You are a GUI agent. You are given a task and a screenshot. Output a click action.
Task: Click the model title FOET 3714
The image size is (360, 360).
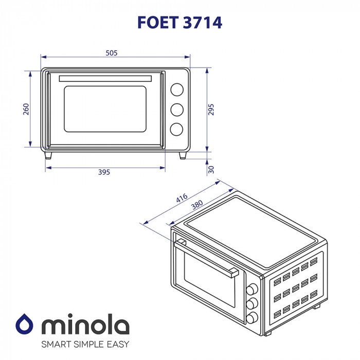coord(179,23)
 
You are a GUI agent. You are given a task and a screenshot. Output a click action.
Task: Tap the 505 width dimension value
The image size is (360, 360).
coord(112,52)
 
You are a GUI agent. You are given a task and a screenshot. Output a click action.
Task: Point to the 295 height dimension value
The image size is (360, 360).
coord(211,110)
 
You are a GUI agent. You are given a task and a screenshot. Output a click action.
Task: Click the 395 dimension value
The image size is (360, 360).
coord(104,172)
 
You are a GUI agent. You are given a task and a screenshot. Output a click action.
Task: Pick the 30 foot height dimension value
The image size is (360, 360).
coord(211,170)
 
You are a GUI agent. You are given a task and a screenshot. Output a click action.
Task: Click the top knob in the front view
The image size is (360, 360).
coord(176,89)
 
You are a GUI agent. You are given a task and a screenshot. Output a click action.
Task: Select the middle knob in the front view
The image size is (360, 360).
coord(176,110)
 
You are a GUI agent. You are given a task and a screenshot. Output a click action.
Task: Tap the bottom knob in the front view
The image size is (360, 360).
coord(176,129)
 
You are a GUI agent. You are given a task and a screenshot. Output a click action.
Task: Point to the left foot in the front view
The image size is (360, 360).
coord(48,155)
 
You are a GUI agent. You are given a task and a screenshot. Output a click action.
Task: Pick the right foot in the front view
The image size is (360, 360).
coord(183,155)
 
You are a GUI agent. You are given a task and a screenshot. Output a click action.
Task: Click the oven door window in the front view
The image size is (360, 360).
coord(105,109)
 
